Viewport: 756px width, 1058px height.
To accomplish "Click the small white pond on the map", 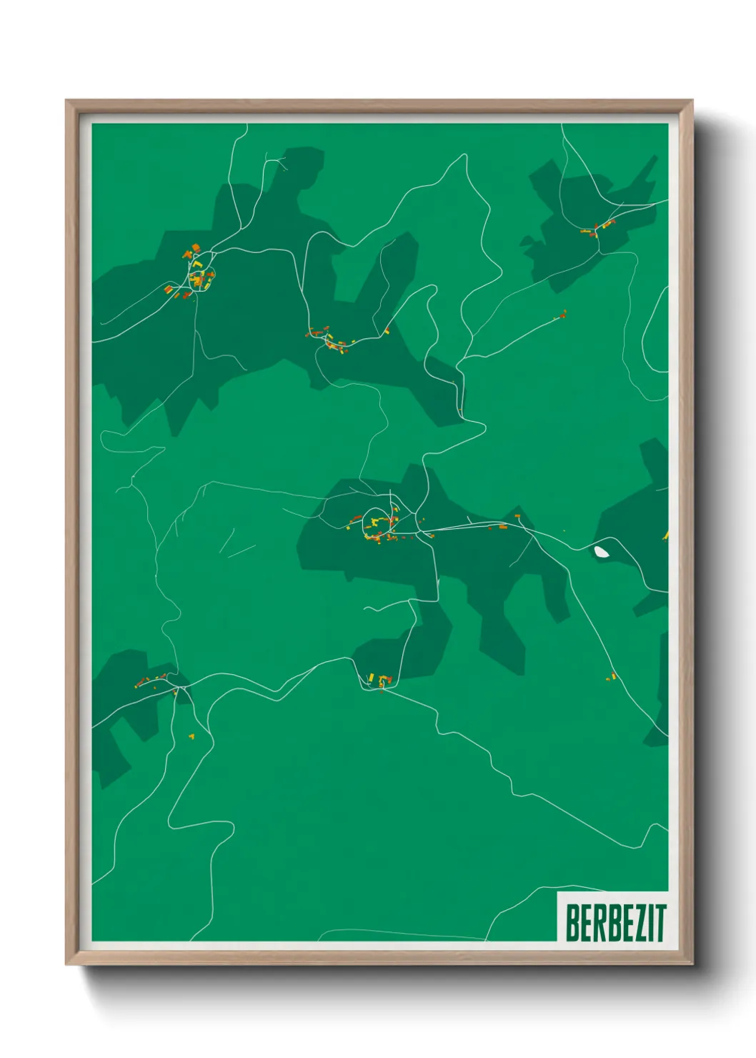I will (x=602, y=551).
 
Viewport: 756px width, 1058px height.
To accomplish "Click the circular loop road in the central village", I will (x=378, y=521).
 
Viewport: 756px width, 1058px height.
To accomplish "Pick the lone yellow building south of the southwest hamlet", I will (x=192, y=735).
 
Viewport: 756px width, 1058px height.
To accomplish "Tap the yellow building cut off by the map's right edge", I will (x=665, y=535).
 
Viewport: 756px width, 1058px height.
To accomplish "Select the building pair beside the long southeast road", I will (x=611, y=676).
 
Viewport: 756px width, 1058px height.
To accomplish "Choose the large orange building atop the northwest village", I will (x=196, y=248).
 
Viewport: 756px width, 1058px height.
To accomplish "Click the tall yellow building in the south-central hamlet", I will (x=372, y=677).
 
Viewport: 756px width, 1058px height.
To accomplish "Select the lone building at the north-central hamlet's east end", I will (x=387, y=330).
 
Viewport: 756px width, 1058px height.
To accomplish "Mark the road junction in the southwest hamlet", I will (x=179, y=688).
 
